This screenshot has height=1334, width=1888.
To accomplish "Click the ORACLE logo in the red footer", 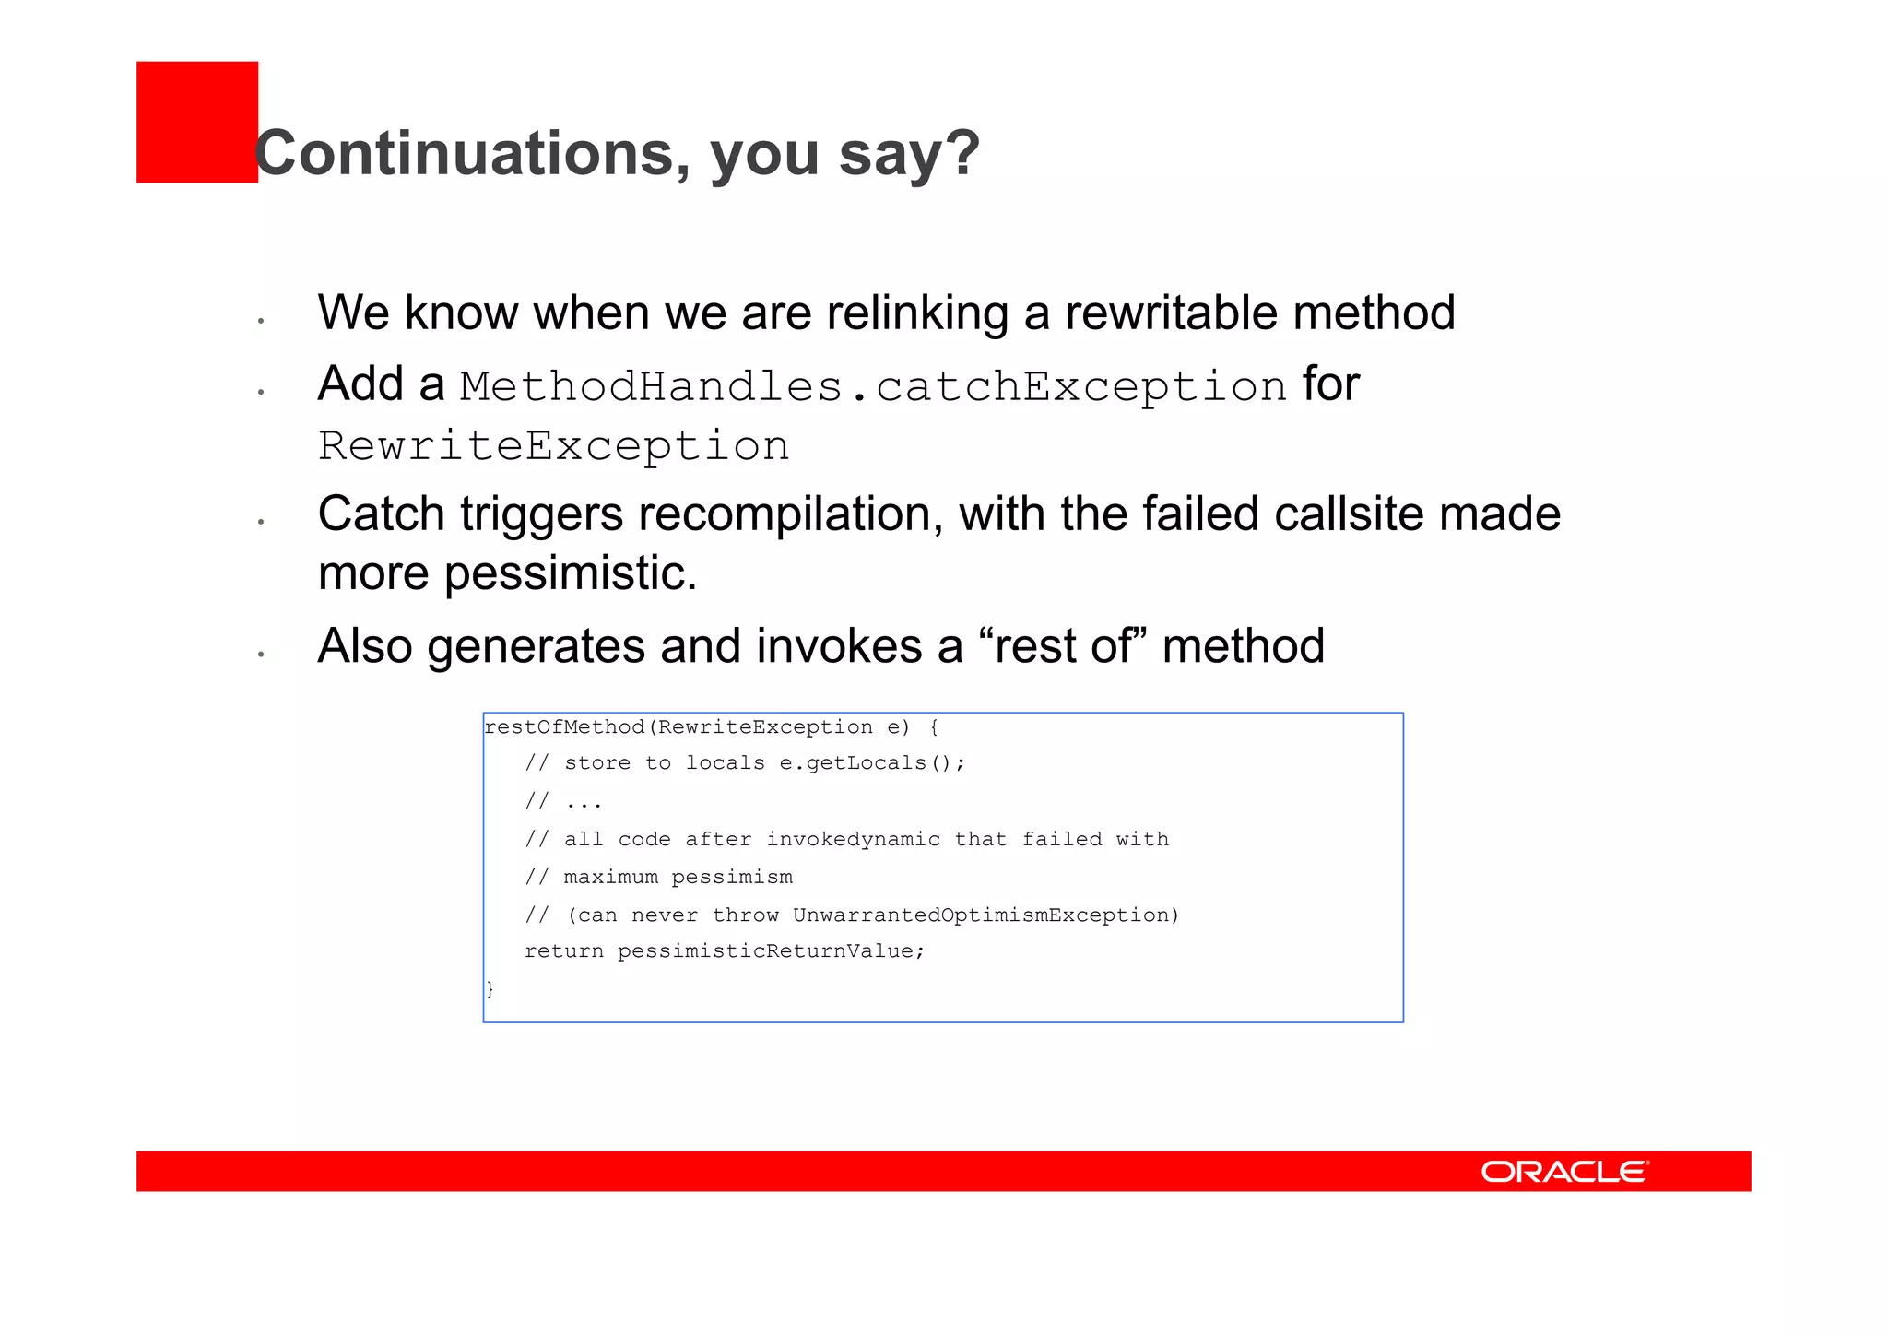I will pos(1564,1171).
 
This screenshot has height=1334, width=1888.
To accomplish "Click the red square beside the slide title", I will pos(196,122).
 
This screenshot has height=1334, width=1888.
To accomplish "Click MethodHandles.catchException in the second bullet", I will pos(872,386).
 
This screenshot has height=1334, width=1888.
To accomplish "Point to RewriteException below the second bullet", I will pos(553,446).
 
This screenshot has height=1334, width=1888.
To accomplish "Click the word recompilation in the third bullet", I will pos(790,514).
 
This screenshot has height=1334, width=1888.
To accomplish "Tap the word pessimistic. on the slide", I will pos(571,573).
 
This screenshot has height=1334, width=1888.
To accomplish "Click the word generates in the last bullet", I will pos(536,645).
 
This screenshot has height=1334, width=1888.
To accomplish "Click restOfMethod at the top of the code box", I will pos(564,727).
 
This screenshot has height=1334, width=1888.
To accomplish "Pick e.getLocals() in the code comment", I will pos(870,763).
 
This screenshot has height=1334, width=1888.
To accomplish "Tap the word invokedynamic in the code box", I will pos(853,839).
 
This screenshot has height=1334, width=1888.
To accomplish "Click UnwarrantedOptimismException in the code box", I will pos(981,915).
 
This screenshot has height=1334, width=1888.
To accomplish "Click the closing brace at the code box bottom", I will pos(490,989).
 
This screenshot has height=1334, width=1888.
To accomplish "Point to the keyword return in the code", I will pos(563,951).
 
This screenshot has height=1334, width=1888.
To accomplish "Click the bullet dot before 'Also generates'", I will pos(262,655).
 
